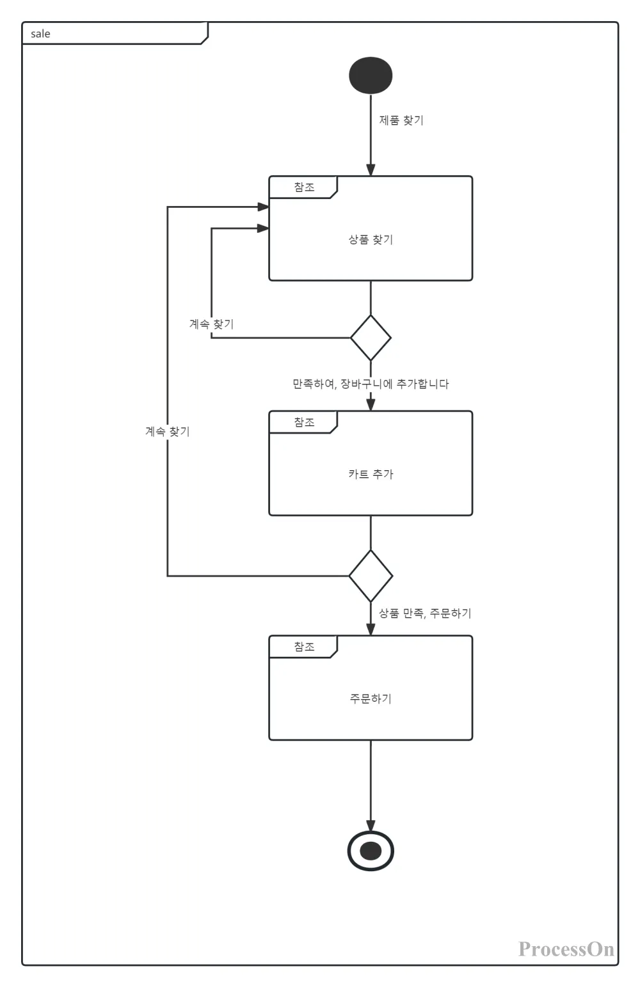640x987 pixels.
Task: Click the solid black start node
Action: click(371, 75)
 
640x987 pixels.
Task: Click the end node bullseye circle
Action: click(371, 851)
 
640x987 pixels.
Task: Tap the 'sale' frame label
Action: click(40, 34)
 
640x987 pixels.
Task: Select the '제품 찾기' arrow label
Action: click(401, 120)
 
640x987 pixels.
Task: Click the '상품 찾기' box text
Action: click(371, 240)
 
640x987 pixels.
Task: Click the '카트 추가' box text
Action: click(371, 474)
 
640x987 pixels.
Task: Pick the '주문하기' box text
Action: click(371, 699)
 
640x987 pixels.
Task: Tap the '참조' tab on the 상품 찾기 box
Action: click(304, 187)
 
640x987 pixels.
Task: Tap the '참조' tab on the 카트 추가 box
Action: click(304, 422)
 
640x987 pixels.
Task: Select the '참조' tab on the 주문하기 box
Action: click(304, 647)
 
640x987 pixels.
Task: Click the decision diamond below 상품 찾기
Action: click(371, 338)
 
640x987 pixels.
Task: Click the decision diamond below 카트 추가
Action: click(371, 576)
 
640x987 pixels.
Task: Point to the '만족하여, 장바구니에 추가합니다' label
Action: click(371, 384)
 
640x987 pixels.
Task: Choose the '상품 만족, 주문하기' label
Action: click(425, 613)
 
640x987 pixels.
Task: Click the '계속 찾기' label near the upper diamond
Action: click(211, 324)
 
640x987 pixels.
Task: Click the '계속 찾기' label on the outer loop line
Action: click(168, 432)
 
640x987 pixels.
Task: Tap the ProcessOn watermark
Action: click(566, 949)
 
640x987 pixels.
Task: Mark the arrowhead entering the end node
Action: click(371, 825)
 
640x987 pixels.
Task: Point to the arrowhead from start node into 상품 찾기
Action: click(371, 170)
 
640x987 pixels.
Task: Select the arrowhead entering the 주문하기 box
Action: click(371, 629)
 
